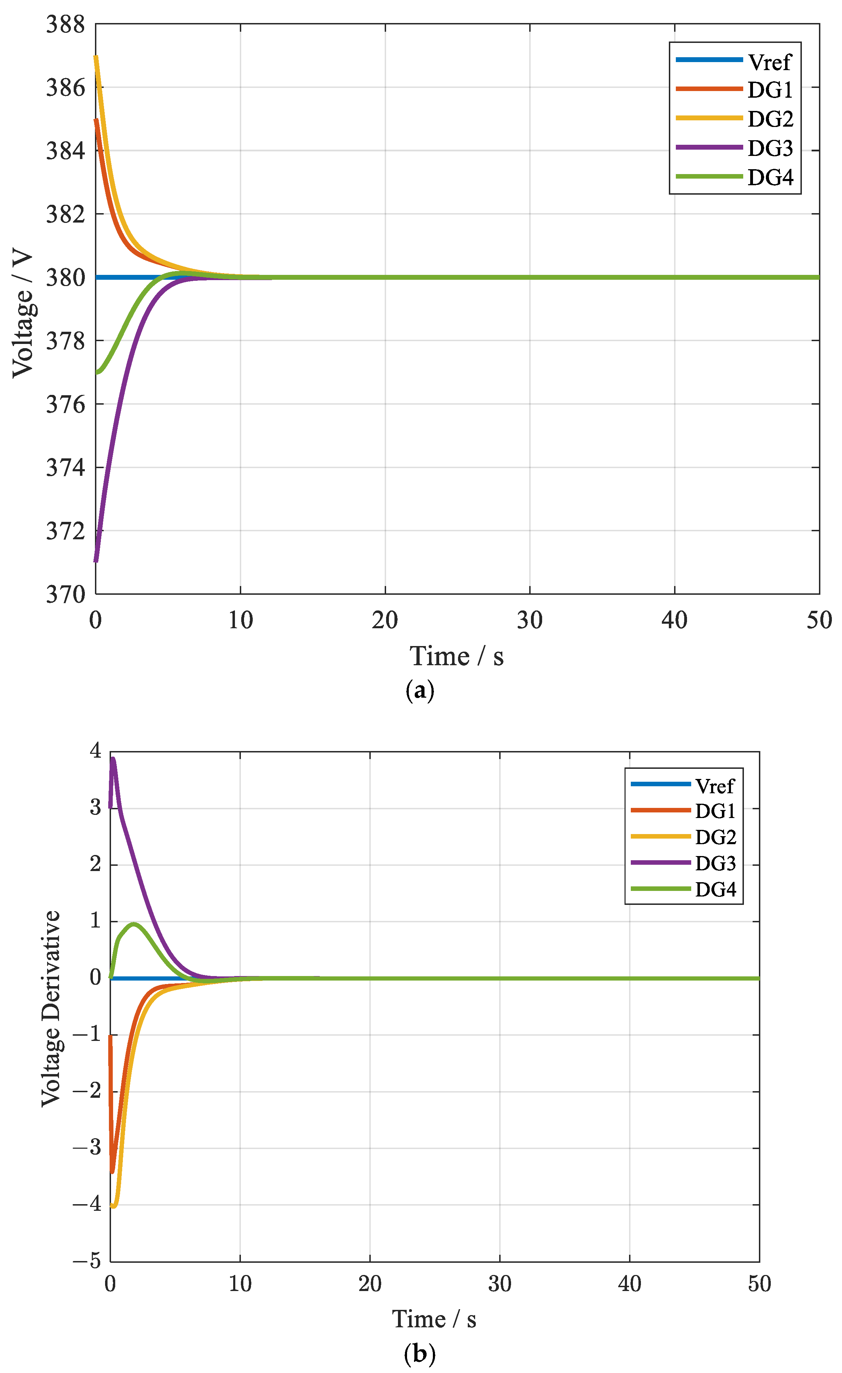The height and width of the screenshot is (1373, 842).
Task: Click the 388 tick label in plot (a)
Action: coord(65,24)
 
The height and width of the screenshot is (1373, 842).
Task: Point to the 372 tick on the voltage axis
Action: coord(65,531)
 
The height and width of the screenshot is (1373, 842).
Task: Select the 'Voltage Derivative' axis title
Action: coord(51,1008)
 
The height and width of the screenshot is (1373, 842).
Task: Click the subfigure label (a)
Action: coord(419,690)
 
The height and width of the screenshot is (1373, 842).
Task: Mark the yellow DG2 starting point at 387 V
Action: coord(96,57)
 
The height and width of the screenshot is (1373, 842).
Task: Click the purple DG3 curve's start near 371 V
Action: coord(96,561)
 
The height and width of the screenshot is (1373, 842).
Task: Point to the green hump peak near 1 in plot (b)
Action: coord(134,924)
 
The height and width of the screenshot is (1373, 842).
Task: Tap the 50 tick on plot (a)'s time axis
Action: coord(819,620)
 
